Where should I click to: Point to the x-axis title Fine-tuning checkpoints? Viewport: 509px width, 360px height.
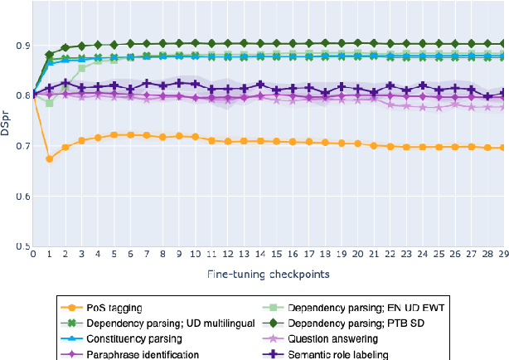point(269,273)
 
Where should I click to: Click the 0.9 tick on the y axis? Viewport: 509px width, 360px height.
point(22,45)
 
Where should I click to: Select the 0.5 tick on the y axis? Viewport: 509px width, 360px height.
point(22,247)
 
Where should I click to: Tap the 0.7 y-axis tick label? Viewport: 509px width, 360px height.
point(22,146)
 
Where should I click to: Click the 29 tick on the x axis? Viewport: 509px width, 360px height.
point(502,255)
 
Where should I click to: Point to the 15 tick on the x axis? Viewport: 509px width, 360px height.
point(276,255)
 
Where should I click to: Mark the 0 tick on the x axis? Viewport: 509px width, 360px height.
point(33,255)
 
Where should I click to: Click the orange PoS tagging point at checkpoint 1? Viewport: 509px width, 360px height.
point(49,158)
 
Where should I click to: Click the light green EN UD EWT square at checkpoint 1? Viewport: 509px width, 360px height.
point(49,103)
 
